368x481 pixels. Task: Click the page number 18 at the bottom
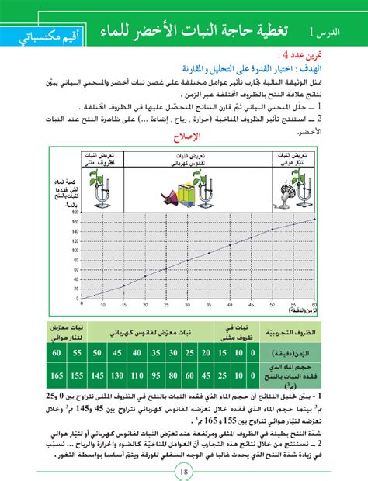click(x=183, y=468)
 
